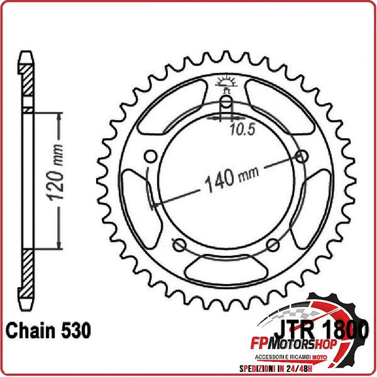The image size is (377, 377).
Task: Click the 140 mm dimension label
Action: tap(226, 178)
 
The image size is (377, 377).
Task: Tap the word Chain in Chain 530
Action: tap(30, 329)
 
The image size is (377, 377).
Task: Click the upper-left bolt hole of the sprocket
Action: tap(150, 156)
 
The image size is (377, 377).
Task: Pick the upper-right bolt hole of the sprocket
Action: tap(303, 156)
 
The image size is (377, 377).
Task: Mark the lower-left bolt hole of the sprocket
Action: tap(179, 244)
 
